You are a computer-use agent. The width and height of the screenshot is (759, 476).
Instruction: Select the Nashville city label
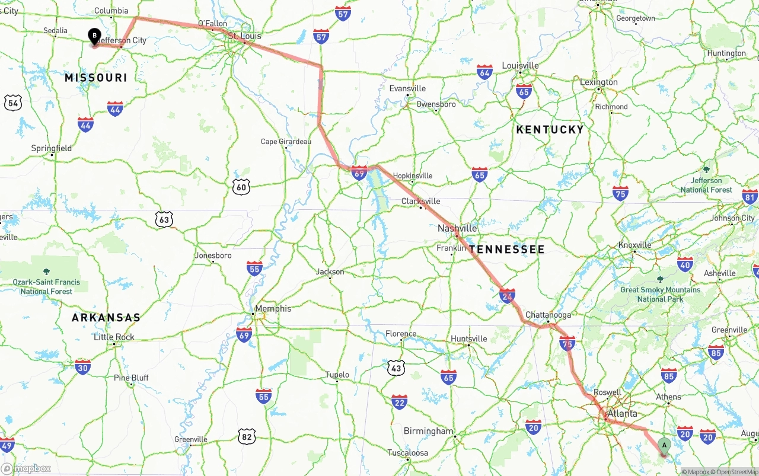(x=457, y=228)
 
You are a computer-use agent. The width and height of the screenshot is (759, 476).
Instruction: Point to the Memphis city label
(x=273, y=308)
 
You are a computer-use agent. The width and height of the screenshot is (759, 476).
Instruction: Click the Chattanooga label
(x=548, y=315)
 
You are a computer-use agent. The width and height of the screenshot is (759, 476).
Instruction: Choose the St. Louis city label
(x=244, y=36)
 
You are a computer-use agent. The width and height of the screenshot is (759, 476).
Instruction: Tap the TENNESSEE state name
(x=507, y=250)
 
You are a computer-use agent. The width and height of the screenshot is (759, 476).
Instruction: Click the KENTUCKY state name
(x=550, y=129)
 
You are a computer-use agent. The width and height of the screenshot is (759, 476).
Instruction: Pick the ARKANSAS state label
(x=106, y=318)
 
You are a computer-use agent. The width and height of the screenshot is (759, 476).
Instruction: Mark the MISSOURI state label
(x=95, y=78)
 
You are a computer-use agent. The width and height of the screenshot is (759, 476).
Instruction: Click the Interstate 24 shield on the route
(x=507, y=296)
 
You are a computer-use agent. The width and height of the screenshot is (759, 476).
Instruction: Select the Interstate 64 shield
(x=484, y=72)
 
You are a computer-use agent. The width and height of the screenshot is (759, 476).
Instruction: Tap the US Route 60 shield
(x=241, y=187)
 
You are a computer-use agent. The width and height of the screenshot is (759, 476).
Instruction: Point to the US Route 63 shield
(x=165, y=220)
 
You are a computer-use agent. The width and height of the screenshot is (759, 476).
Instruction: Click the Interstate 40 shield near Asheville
(x=685, y=264)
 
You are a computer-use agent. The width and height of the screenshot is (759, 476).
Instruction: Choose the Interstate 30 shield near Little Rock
(x=83, y=367)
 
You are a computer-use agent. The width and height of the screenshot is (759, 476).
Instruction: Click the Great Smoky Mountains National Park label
(x=660, y=294)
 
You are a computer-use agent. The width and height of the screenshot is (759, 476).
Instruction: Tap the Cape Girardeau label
(x=286, y=142)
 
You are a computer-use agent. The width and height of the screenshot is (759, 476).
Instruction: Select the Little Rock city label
(x=114, y=337)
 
